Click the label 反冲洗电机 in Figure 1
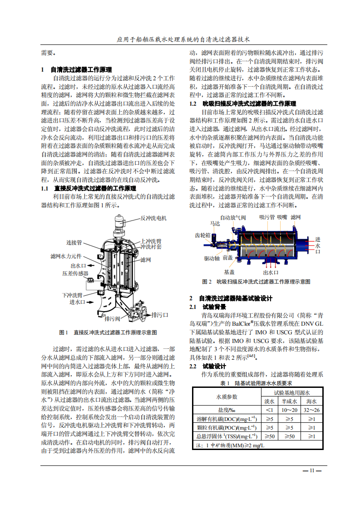point(153,218)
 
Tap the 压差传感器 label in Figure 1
point(75,274)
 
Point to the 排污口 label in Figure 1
point(160,315)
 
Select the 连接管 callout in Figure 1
point(74,242)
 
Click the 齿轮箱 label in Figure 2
point(202,235)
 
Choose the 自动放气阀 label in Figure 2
point(232,217)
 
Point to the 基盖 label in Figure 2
point(229,272)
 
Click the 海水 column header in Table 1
point(311,401)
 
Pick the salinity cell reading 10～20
point(289,410)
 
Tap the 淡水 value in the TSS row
point(269,436)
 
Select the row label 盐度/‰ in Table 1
point(226,410)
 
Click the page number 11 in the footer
point(312,470)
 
